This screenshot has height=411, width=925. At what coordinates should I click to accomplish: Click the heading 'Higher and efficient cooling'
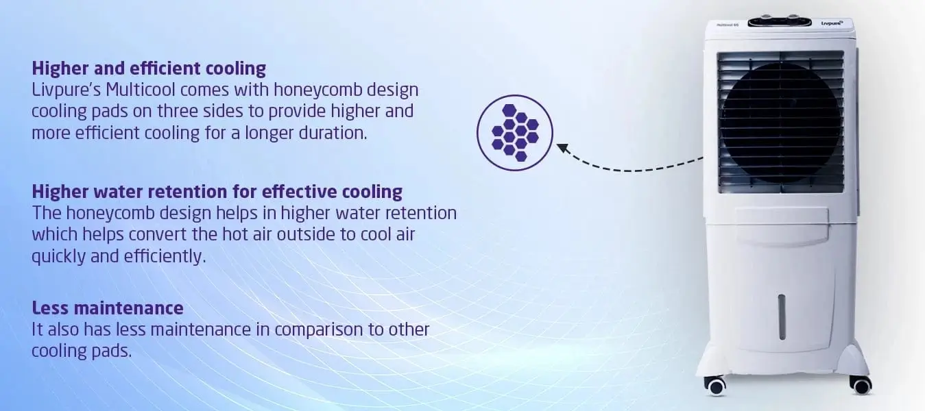tap(149, 68)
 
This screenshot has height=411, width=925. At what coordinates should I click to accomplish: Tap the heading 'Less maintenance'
tap(108, 308)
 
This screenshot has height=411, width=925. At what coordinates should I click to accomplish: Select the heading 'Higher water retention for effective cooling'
tap(217, 192)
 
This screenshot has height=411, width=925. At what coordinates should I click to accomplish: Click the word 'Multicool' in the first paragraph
tap(141, 90)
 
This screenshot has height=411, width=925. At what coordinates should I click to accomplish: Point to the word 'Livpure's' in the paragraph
tap(66, 90)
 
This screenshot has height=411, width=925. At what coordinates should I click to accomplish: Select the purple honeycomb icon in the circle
tap(515, 133)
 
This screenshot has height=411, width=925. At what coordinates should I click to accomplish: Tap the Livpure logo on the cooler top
tap(832, 23)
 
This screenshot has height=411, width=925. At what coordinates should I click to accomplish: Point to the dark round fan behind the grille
tap(781, 123)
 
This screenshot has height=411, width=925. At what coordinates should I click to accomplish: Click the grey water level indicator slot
tap(782, 317)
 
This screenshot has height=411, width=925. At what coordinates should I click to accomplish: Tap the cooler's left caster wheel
tap(716, 386)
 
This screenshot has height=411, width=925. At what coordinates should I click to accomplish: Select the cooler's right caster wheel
tap(861, 385)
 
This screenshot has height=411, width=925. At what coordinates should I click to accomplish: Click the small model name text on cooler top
tap(728, 25)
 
